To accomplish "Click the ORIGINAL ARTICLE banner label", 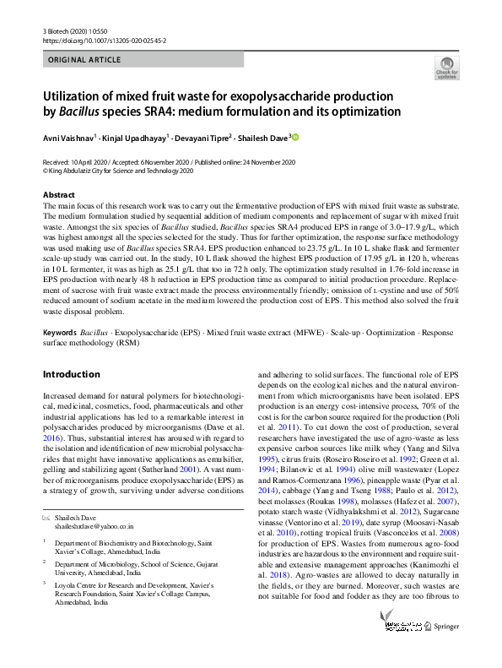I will (84, 61).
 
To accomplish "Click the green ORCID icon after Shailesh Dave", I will (295, 136).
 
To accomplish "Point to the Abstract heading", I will (58, 195).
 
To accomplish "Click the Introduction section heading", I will (71, 373).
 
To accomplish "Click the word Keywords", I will (62, 333).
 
